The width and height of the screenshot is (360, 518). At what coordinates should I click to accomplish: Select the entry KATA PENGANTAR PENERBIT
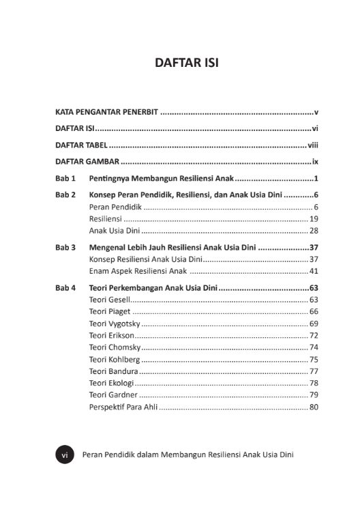[x=107, y=111]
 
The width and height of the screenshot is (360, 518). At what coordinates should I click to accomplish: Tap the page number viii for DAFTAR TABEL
[x=313, y=145]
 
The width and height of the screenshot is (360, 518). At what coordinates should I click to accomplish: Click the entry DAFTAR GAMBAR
[x=87, y=162]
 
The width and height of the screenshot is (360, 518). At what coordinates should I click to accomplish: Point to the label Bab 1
[x=65, y=179]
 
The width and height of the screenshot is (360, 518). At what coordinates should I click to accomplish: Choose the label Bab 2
[x=65, y=195]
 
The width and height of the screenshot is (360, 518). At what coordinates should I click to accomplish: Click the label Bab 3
[x=65, y=248]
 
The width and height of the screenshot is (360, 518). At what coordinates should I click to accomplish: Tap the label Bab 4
[x=65, y=288]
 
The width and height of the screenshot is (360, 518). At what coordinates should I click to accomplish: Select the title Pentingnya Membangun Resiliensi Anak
[x=162, y=179]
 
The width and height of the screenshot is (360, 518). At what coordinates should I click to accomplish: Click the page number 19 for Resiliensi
[x=314, y=219]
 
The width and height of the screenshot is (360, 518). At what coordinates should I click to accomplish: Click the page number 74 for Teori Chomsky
[x=314, y=347]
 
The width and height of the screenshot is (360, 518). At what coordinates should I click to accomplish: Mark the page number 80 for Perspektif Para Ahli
[x=314, y=408]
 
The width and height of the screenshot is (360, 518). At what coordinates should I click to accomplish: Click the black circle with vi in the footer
[x=63, y=455]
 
